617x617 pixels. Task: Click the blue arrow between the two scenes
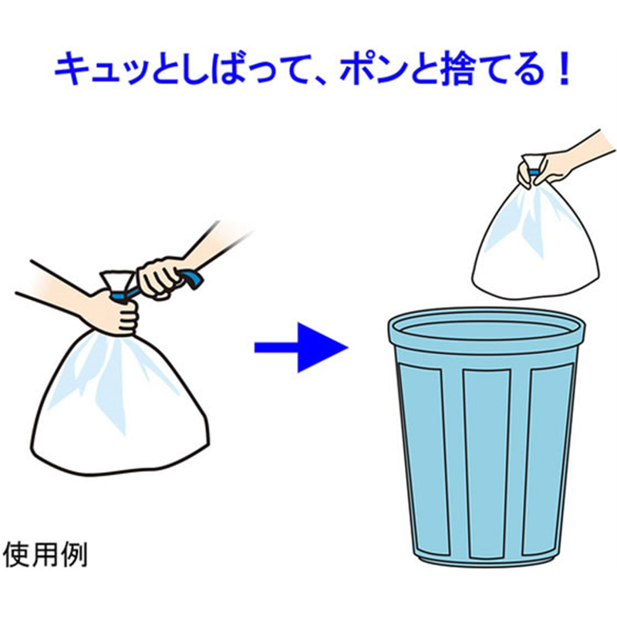click(301, 348)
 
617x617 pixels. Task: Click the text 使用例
click(46, 555)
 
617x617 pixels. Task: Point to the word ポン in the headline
click(375, 70)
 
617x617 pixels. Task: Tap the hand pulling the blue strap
click(160, 276)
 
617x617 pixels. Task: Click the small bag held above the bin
click(535, 240)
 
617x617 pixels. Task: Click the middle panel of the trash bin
click(487, 464)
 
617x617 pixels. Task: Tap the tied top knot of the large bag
click(118, 281)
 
